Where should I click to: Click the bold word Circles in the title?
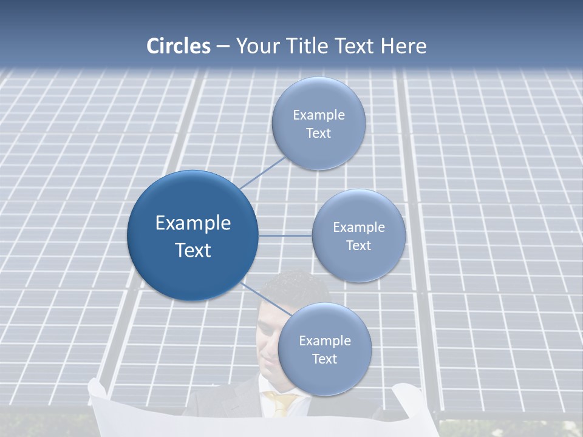[179, 46]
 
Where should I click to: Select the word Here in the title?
[403, 46]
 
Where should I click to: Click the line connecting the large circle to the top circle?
[264, 172]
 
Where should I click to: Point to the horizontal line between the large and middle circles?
[285, 235]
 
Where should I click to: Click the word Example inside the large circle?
[193, 223]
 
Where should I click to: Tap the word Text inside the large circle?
[193, 250]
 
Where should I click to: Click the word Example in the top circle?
[319, 115]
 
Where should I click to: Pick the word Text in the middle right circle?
[359, 246]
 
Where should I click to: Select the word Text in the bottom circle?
[325, 359]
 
